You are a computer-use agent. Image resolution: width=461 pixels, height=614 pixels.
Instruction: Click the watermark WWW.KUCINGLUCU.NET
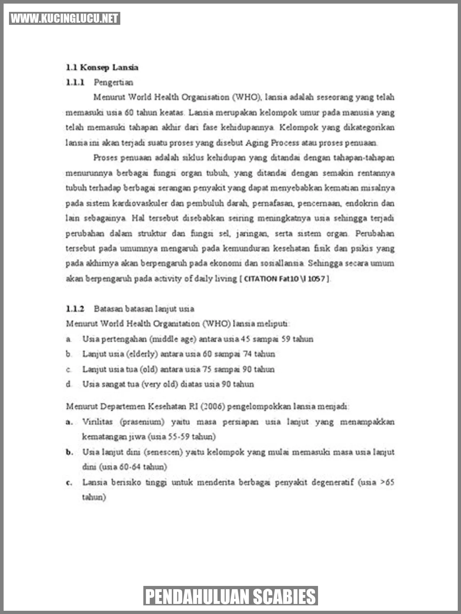coord(64,18)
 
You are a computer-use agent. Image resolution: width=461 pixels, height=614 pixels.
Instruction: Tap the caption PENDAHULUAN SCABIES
coord(230,596)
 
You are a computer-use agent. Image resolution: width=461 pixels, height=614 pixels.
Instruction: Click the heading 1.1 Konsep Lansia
coord(102,67)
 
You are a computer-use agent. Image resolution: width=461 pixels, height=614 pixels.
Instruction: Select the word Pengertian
coord(113,82)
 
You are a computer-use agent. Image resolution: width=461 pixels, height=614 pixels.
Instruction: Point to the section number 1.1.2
coord(75,309)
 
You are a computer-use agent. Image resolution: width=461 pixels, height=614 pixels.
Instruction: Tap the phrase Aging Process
coord(272,143)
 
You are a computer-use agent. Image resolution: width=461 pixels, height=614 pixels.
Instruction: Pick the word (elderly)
coord(142,354)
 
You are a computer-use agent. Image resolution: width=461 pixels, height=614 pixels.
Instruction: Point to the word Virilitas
coord(97,422)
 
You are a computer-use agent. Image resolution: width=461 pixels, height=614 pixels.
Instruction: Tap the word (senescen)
coord(164,452)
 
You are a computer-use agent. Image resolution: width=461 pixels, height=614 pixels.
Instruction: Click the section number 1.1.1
coord(75,82)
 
